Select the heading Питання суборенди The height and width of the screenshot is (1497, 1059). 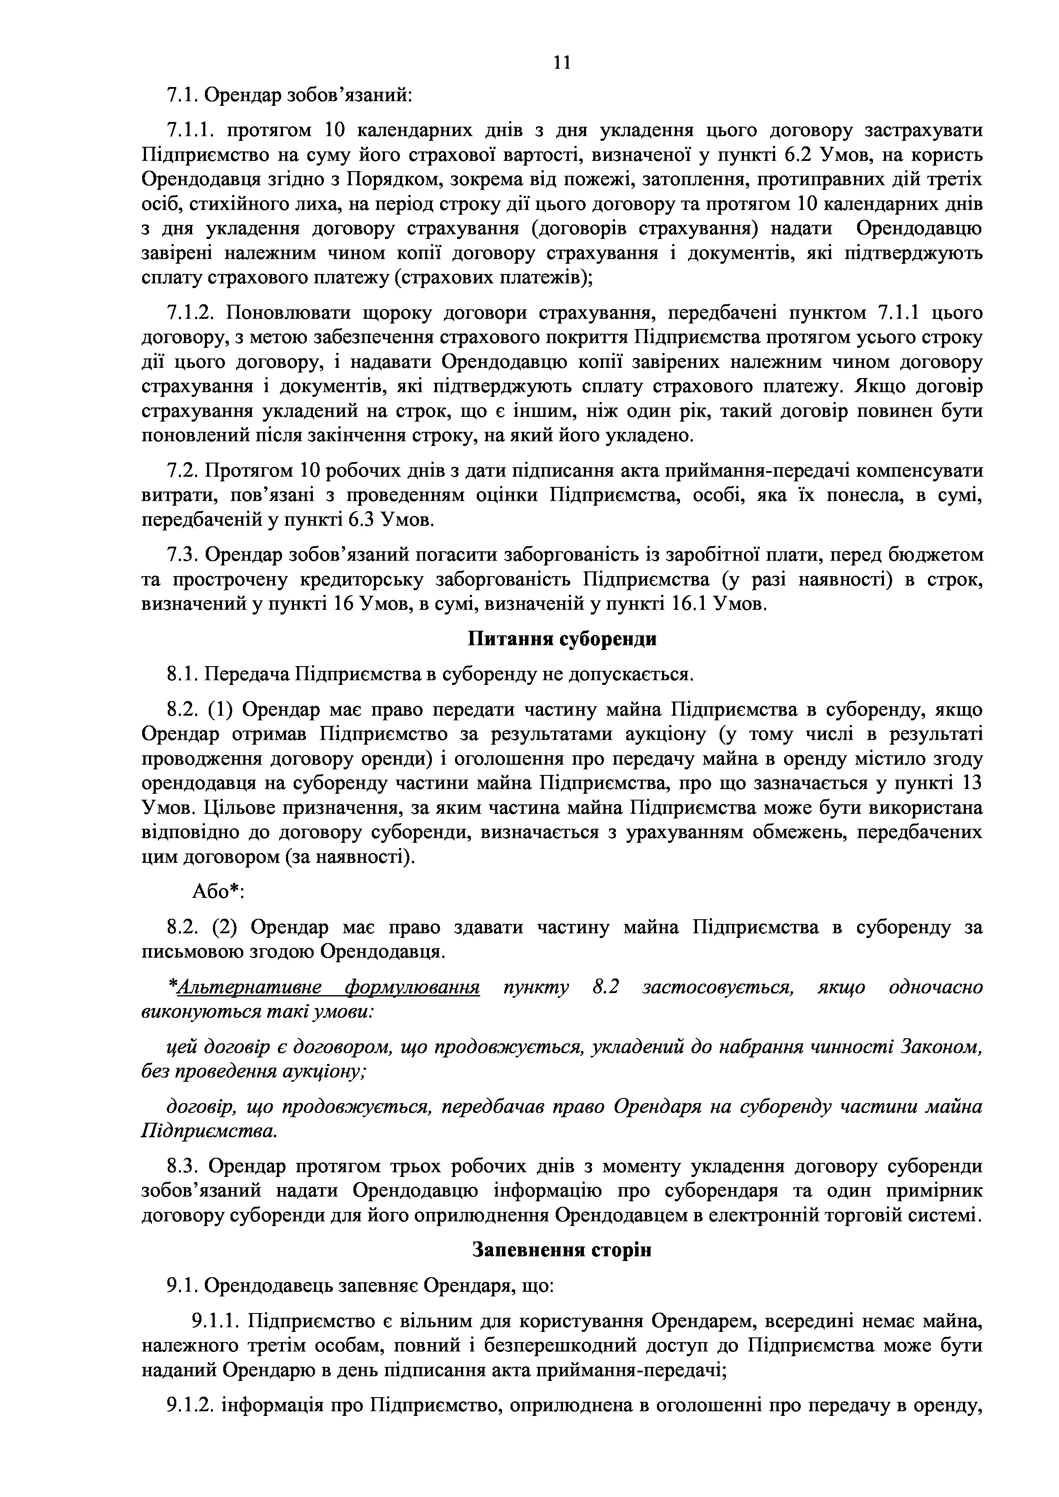click(x=562, y=638)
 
